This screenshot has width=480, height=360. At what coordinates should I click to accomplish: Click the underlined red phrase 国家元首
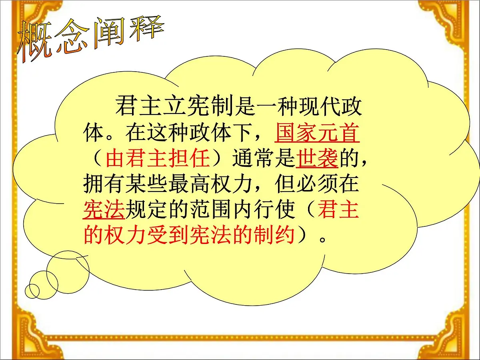pos(317,134)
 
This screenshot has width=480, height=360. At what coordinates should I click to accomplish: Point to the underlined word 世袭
pos(317,159)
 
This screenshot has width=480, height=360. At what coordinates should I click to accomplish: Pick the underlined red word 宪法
pos(104,210)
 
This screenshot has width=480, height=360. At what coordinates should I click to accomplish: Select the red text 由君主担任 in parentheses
pos(158,159)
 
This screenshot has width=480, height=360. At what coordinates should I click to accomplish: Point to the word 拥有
pos(104,185)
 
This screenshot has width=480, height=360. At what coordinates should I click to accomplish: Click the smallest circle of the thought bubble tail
pos(32,290)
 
